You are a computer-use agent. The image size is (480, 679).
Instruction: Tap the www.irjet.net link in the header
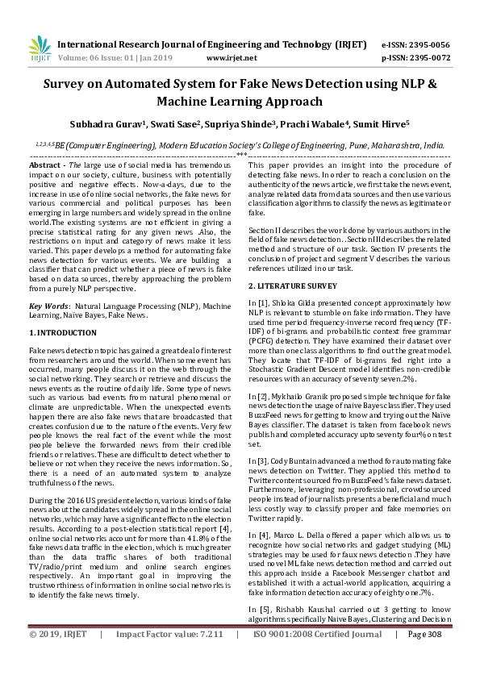[232, 58]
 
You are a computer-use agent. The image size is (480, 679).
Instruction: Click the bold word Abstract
[45, 164]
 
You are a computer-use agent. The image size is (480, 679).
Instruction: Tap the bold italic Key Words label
[48, 306]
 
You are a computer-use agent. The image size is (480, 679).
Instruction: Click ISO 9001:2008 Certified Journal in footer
[317, 657]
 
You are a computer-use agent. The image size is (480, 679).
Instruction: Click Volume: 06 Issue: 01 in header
[106, 58]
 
